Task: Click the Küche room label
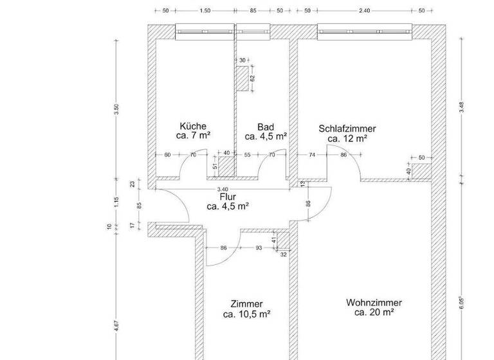(194, 127)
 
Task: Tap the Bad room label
(266, 127)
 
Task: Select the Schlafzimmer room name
(347, 129)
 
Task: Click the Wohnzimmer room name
(374, 303)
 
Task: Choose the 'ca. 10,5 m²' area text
(246, 314)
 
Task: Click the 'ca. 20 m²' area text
(374, 312)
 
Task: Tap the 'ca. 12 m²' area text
(347, 138)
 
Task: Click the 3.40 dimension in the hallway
(223, 189)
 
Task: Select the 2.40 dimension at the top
(364, 11)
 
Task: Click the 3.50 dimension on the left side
(116, 109)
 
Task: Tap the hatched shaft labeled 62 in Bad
(242, 78)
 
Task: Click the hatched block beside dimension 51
(226, 165)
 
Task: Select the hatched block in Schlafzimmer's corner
(421, 170)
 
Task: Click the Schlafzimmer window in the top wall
(364, 30)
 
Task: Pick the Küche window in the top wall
(205, 30)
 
